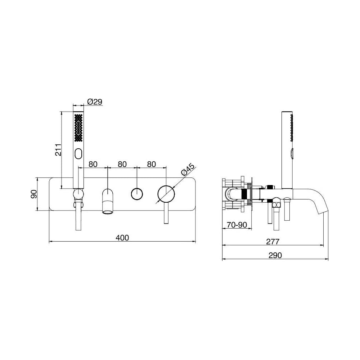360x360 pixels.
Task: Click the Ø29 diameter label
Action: (95, 102)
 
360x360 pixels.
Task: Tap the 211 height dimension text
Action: (59, 150)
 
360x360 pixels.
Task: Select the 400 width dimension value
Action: (122, 238)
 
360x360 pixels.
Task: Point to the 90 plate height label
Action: (34, 194)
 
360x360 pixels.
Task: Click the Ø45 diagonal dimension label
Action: (187, 170)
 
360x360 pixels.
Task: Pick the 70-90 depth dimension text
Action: (237, 225)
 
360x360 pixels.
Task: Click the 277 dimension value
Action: (273, 242)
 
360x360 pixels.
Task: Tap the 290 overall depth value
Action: (275, 255)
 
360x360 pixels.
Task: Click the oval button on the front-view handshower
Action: (78, 154)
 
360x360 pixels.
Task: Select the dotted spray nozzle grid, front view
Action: (78, 128)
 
